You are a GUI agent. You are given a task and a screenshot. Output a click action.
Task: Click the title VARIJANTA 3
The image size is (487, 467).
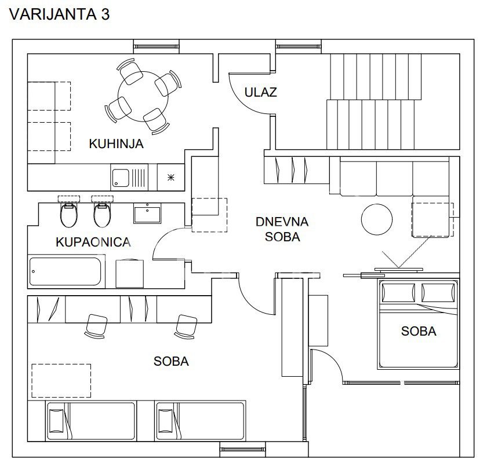tap(59, 14)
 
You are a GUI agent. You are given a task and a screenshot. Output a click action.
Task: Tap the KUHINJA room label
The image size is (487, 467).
tap(116, 144)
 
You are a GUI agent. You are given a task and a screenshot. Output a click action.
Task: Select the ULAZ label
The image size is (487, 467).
tap(260, 92)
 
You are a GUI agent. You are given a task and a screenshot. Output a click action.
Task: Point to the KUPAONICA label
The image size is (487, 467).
tap(93, 242)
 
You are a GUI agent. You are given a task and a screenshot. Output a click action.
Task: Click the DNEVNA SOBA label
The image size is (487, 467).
tap(282, 229)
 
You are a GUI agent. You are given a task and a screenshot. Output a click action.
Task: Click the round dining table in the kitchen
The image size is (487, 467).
tap(143, 97)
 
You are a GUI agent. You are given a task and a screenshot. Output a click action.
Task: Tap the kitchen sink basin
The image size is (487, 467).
tap(121, 178)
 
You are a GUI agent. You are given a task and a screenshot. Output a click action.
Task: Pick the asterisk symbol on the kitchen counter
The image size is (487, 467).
tap(171, 178)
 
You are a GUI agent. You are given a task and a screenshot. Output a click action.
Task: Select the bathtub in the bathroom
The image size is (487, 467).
tap(66, 271)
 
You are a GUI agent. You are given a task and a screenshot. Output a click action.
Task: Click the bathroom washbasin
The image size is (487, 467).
tap(147, 214)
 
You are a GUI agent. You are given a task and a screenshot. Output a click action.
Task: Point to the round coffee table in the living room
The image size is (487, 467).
tap(377, 219)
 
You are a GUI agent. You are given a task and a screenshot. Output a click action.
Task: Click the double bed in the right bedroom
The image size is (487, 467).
tap(419, 324)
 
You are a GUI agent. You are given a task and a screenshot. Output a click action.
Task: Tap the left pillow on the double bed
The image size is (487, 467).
tap(398, 292)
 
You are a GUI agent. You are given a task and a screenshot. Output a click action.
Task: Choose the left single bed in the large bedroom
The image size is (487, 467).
tap(91, 421)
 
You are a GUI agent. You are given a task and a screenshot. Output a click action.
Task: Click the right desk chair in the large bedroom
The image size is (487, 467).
tap(186, 327)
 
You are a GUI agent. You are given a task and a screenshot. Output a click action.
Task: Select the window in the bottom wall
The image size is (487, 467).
tap(243, 449)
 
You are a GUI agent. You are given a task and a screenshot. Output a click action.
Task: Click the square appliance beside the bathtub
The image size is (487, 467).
tap(129, 274)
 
